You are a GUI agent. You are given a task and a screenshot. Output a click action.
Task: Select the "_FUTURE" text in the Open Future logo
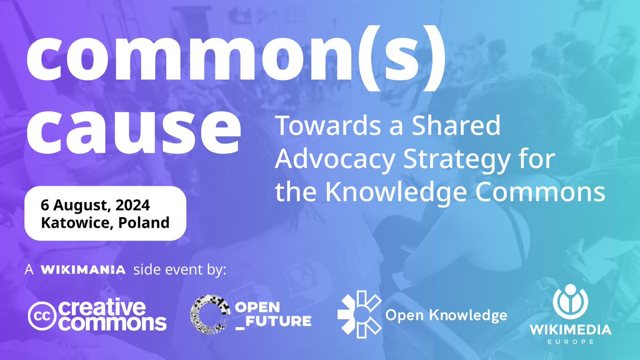click(274, 321)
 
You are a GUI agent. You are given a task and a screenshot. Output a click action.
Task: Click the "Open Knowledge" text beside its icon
click(445, 315)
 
